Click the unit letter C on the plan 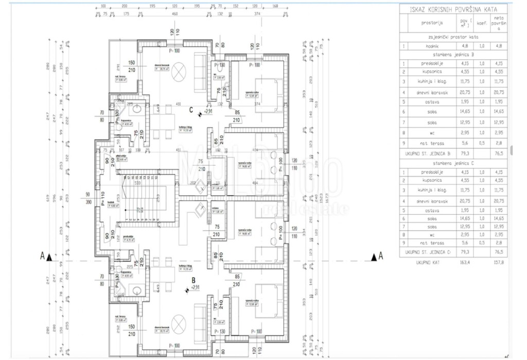click(x=190, y=109)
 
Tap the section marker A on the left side click(x=46, y=255)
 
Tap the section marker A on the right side click(x=377, y=255)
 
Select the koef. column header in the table click(x=482, y=23)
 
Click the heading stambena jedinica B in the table click(x=453, y=54)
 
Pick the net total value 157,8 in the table click(x=497, y=262)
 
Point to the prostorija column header click(x=432, y=23)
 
